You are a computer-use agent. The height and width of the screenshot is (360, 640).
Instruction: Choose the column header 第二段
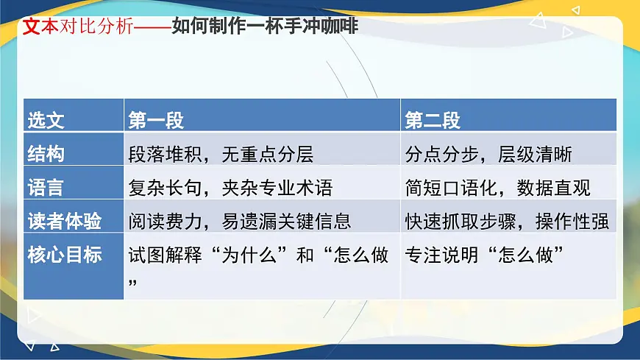[433, 120]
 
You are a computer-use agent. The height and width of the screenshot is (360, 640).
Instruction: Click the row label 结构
[46, 154]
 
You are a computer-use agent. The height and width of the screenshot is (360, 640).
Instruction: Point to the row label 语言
[46, 188]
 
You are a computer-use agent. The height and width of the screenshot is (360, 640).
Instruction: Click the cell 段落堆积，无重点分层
[221, 154]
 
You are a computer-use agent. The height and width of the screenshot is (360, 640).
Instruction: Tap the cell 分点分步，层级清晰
[488, 154]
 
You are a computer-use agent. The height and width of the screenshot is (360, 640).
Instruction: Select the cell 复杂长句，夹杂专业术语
[230, 188]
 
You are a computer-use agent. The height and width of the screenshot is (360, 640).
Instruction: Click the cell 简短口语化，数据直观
[497, 188]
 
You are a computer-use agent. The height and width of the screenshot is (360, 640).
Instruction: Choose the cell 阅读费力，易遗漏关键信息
[240, 221]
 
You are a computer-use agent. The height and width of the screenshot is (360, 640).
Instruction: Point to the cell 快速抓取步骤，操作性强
[507, 221]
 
